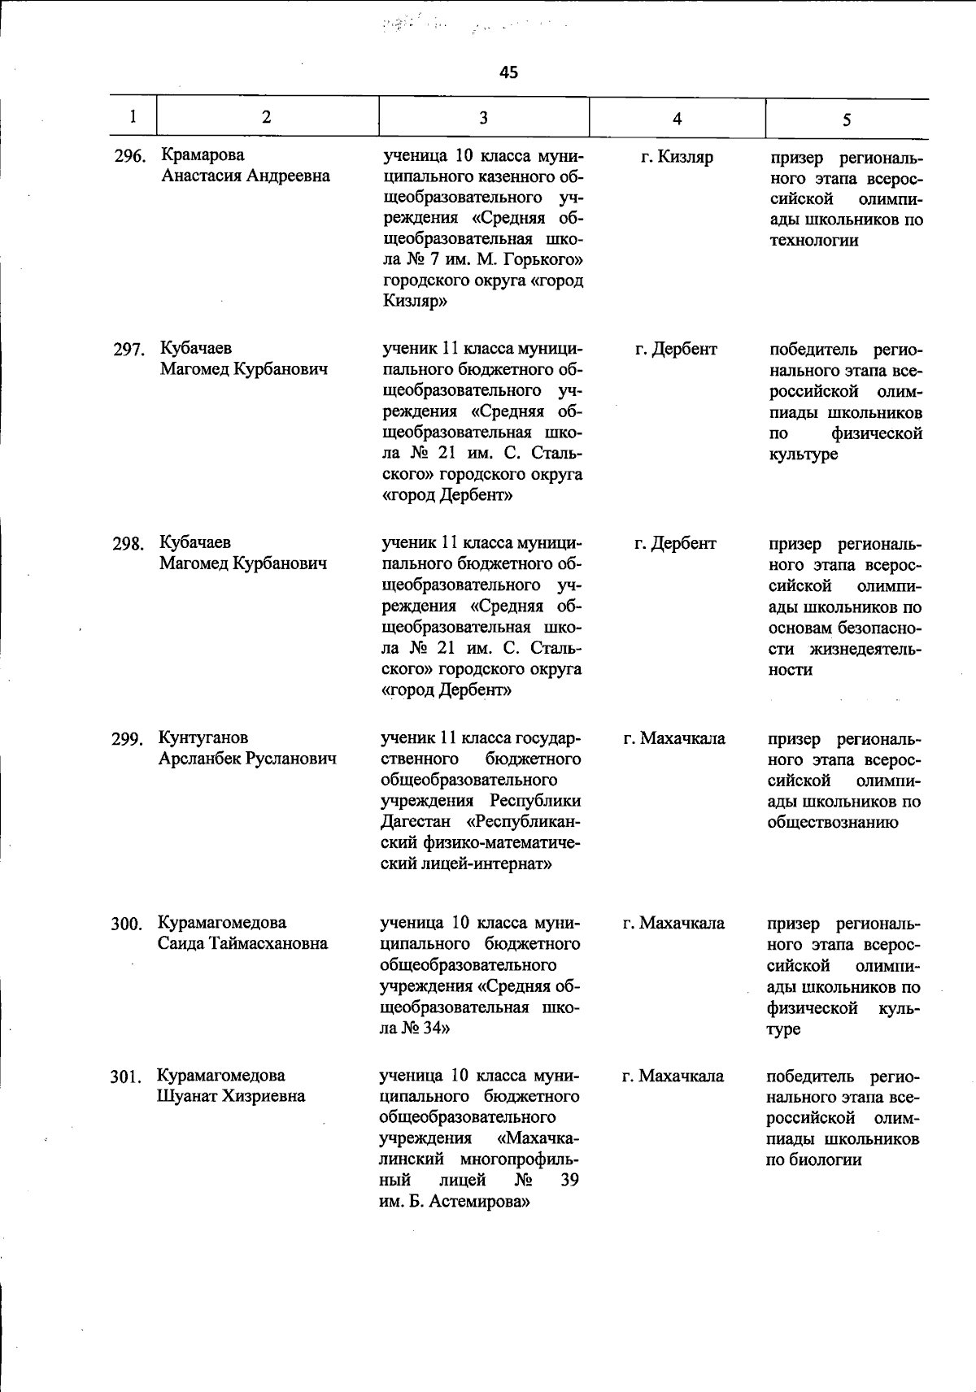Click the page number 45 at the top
[508, 72]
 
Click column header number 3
[483, 118]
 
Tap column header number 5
[847, 120]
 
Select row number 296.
[129, 156]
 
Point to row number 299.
[128, 739]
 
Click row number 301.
[127, 1078]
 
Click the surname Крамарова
[203, 154]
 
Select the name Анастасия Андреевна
[245, 176]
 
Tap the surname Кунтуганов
[203, 737]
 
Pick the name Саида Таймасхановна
[243, 943]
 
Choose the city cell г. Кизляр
[677, 157]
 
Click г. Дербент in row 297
[676, 349]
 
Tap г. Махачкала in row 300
[673, 923]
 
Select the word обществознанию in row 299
[833, 822]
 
